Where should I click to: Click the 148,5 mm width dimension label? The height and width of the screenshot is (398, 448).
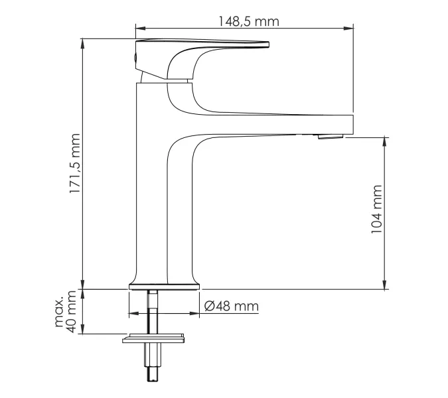point(248,21)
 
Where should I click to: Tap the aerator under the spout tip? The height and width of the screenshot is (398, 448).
point(330,137)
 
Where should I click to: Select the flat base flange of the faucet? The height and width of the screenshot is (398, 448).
point(163,286)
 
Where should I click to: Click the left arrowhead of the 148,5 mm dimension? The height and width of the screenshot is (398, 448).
point(139,29)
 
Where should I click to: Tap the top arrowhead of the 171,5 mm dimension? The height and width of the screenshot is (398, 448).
point(82,43)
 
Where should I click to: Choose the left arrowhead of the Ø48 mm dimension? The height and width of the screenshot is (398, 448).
point(131,314)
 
